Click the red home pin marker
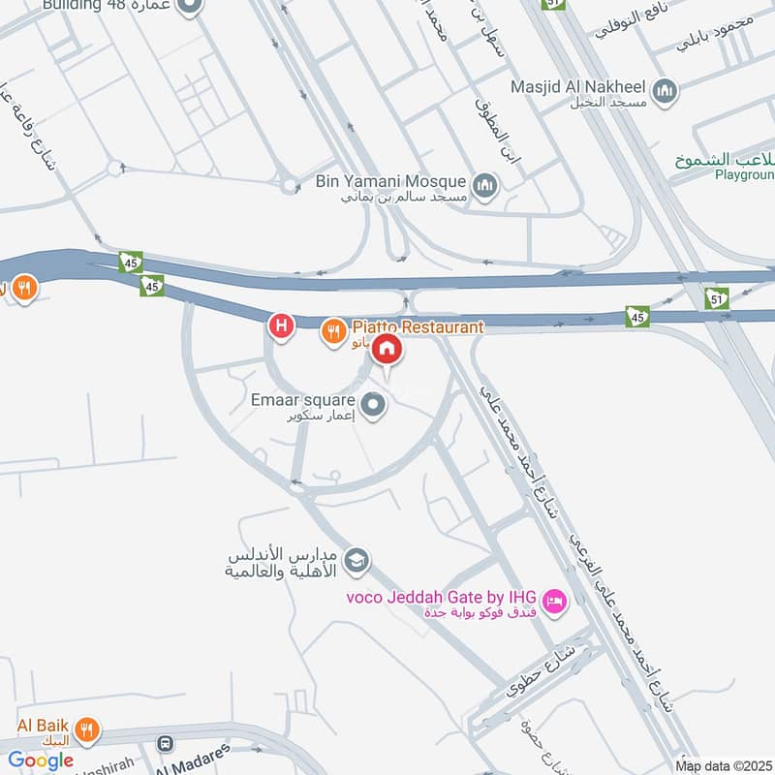click(x=387, y=349)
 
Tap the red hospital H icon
click(x=281, y=326)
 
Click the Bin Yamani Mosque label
click(x=391, y=180)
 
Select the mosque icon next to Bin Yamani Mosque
click(x=484, y=184)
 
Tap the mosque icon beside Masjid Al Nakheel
click(x=665, y=92)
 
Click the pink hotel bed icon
click(x=554, y=602)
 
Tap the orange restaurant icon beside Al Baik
click(x=87, y=728)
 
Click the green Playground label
click(x=744, y=174)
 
